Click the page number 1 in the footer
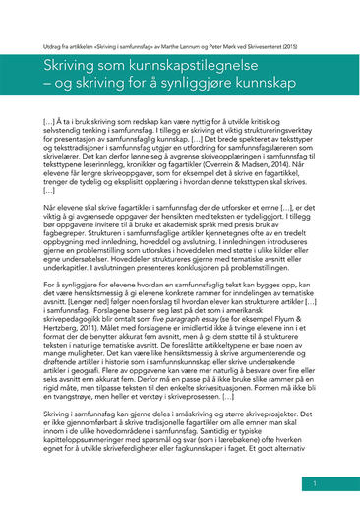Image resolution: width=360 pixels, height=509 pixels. [315, 484]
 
